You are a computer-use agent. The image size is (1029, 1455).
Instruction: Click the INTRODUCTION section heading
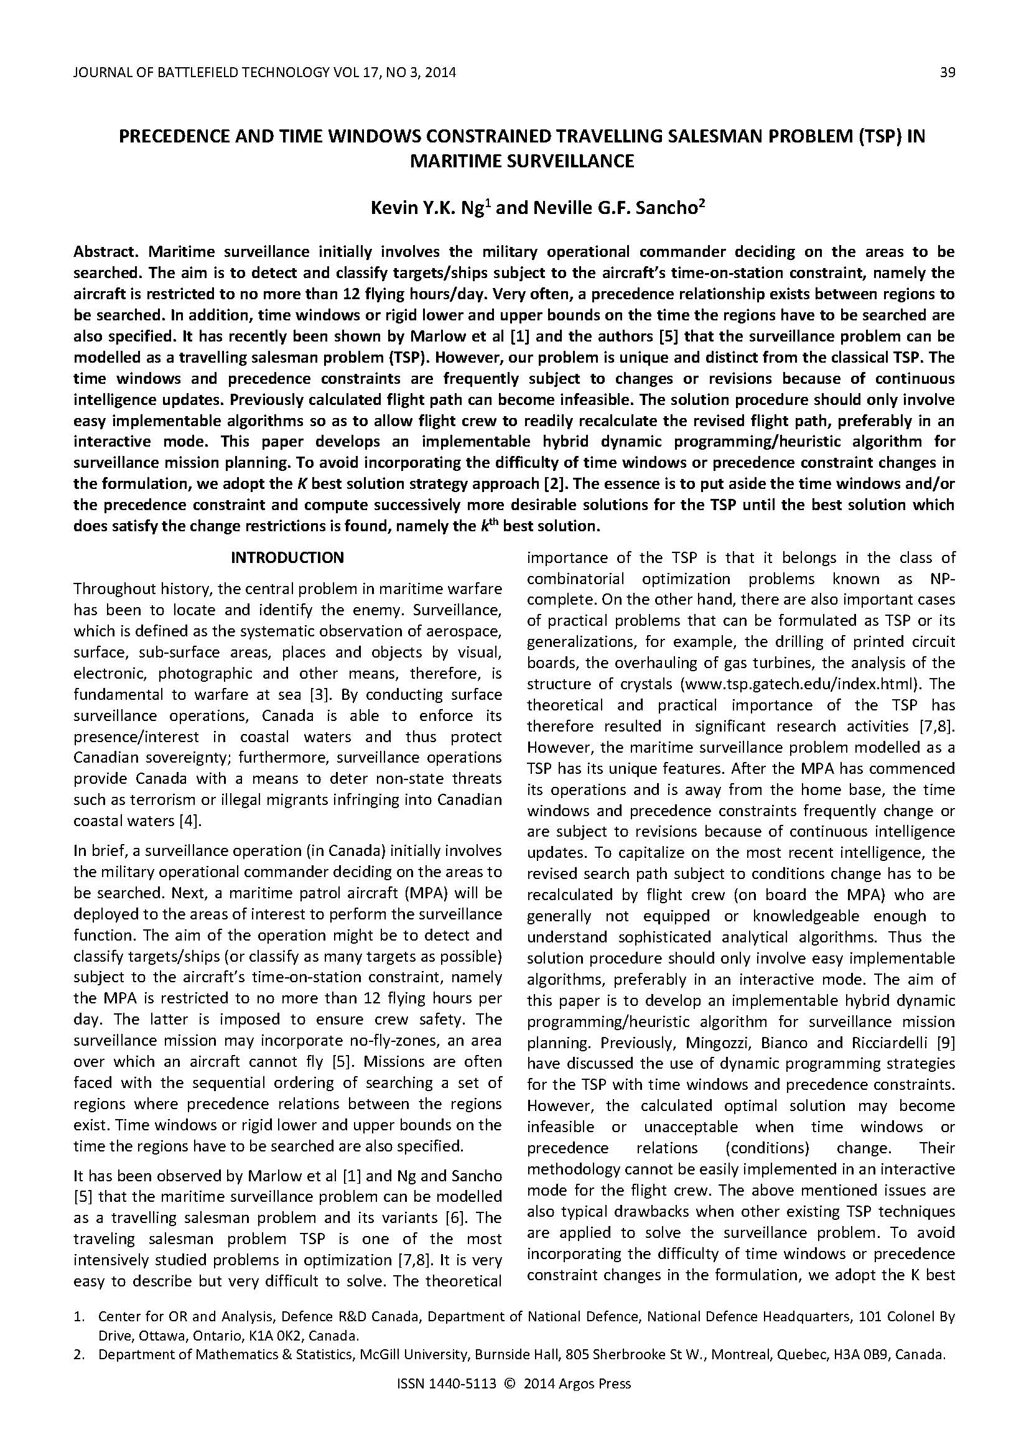click(287, 557)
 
